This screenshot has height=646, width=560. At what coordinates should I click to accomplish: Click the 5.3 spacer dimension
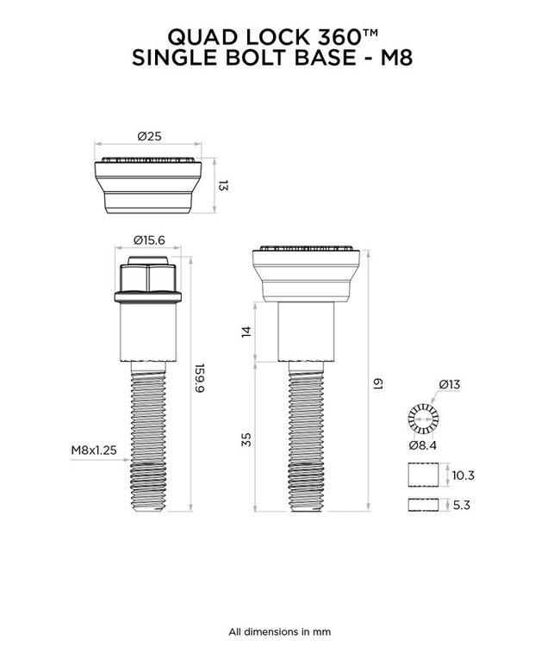pos(460,506)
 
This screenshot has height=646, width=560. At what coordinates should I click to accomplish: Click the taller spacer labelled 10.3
pos(421,475)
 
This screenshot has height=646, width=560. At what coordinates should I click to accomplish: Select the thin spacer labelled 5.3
pos(421,506)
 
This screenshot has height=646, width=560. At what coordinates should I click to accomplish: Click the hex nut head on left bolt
pos(147,277)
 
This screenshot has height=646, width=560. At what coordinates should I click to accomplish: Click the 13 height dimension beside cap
pos(222,185)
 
